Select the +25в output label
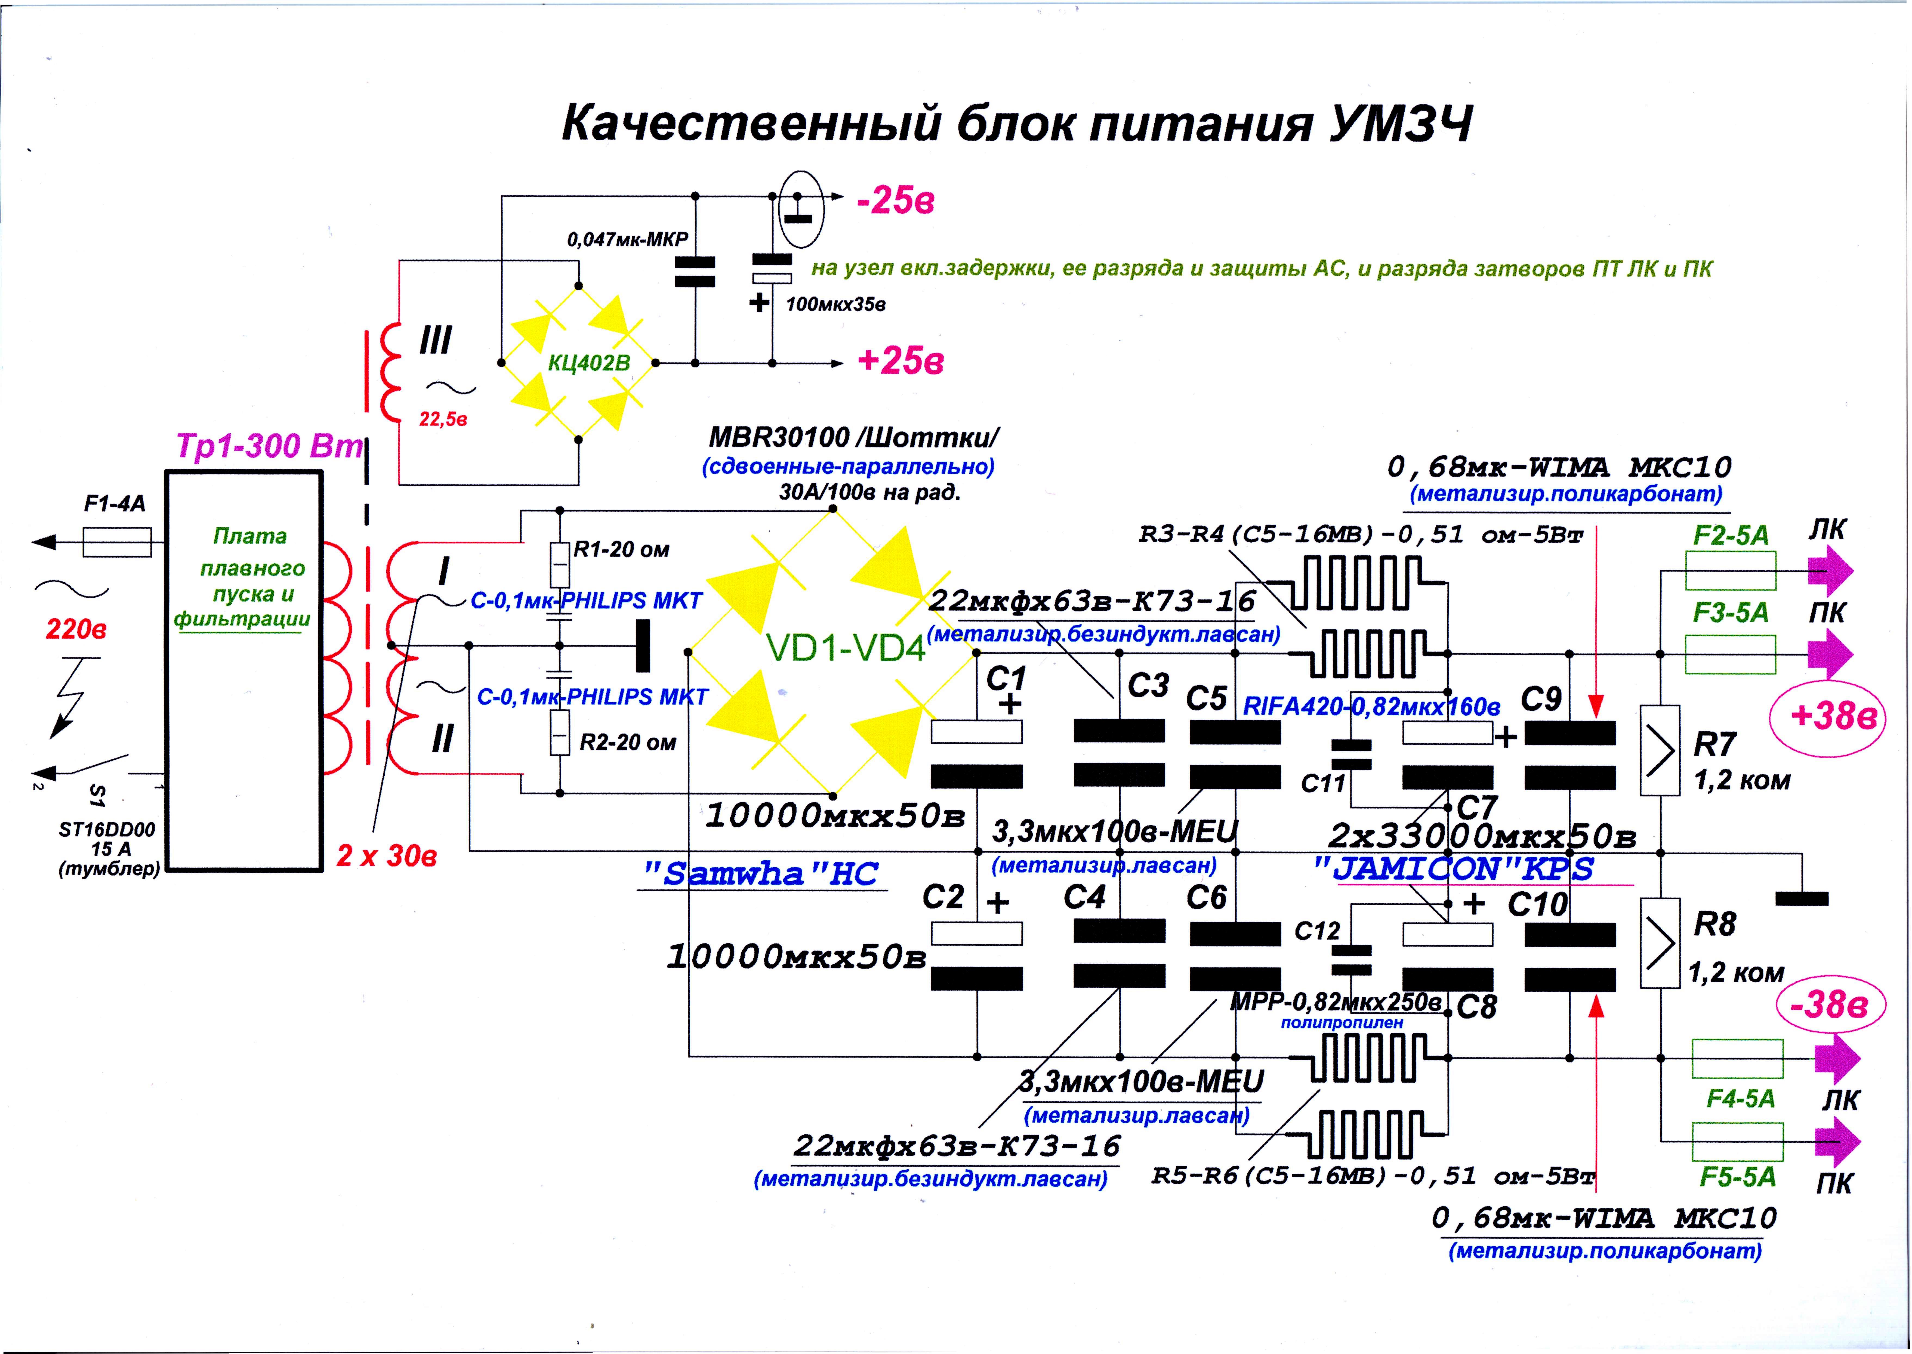tap(901, 361)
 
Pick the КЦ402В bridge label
tap(589, 363)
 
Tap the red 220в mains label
tap(76, 629)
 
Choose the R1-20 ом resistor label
tap(621, 549)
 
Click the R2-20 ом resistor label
tap(627, 742)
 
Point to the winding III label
tap(435, 340)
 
